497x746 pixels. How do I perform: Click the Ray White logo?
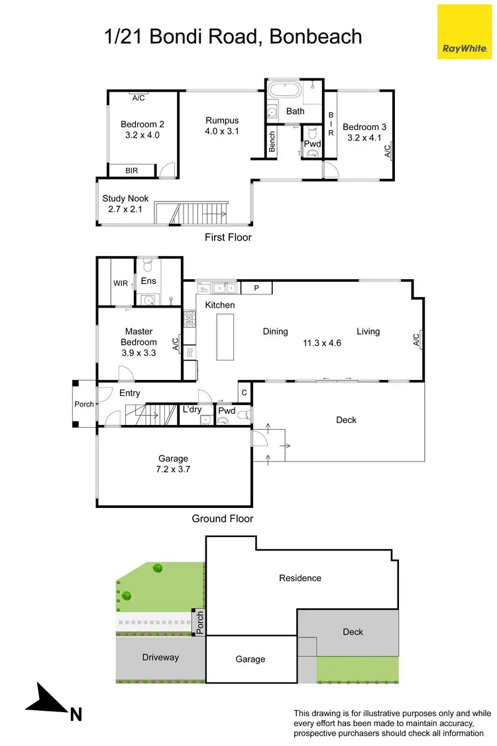click(465, 31)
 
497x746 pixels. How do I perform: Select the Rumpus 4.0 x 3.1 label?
click(222, 126)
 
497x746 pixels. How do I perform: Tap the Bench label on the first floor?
click(272, 141)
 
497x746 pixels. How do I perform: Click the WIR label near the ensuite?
click(121, 283)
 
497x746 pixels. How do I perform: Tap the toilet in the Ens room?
click(148, 266)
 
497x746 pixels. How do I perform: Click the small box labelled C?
click(244, 392)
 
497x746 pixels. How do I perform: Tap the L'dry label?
click(192, 409)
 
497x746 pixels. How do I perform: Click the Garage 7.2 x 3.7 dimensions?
click(173, 469)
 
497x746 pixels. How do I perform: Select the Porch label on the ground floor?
click(84, 404)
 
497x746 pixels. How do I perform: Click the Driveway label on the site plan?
click(160, 656)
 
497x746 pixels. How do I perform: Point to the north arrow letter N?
click(76, 714)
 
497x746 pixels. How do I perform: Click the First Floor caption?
click(229, 237)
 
